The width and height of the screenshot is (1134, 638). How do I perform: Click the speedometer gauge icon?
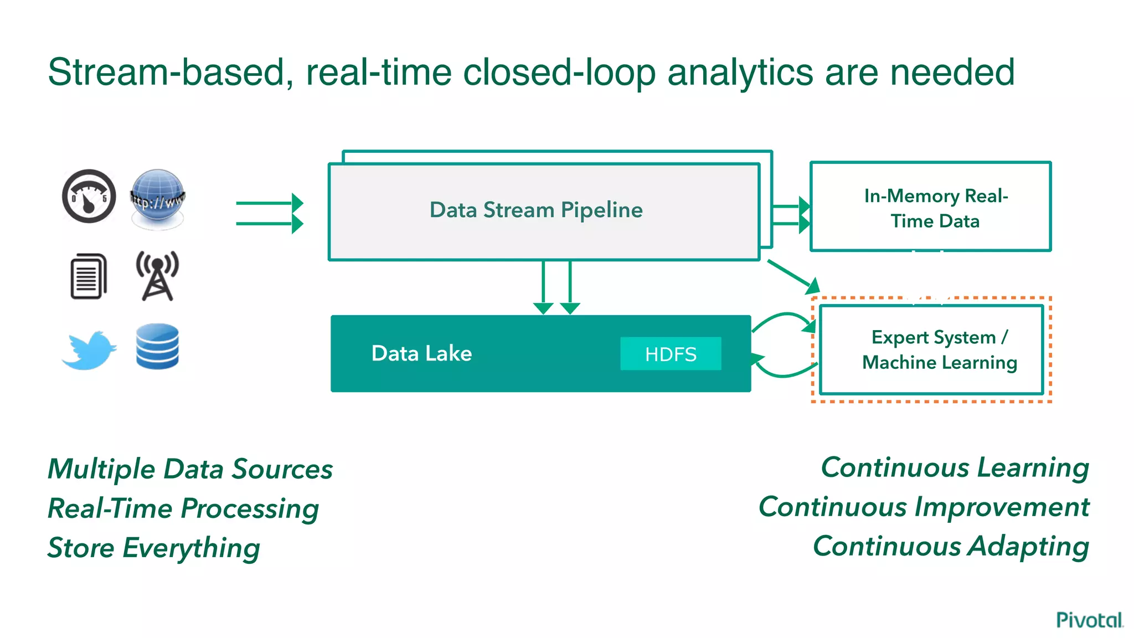[x=89, y=196]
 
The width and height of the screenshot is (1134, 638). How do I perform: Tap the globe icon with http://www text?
[x=158, y=199]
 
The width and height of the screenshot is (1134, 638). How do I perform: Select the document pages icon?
[x=89, y=276]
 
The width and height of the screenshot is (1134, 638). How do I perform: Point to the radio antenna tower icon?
[x=158, y=276]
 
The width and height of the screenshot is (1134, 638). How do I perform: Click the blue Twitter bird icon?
[x=89, y=351]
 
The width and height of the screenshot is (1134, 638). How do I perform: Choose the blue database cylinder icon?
[x=157, y=347]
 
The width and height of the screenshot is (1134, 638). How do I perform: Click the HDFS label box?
[x=671, y=354]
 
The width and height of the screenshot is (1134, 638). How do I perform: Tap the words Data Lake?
[x=421, y=353]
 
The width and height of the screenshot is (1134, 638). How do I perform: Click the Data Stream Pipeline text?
[x=536, y=210]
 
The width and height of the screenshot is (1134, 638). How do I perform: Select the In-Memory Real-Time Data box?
[x=930, y=207]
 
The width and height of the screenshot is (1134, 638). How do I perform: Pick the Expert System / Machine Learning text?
[x=940, y=349]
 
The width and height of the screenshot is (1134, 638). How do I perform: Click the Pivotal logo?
[x=1089, y=620]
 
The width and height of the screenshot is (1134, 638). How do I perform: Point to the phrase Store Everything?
[x=153, y=548]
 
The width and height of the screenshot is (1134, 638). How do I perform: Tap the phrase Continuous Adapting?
[x=951, y=546]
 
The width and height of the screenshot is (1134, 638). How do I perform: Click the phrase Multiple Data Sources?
[x=190, y=469]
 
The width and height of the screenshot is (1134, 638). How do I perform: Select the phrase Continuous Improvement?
[x=924, y=507]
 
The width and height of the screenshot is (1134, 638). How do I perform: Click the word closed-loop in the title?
[x=559, y=73]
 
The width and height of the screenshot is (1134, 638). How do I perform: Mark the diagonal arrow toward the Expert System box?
[x=792, y=276]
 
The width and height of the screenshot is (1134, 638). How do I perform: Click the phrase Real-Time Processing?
[x=183, y=508]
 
